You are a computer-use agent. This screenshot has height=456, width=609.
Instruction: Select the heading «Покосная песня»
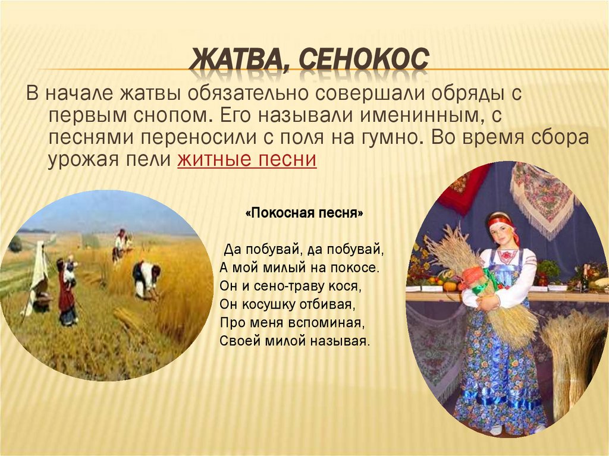coord(304,213)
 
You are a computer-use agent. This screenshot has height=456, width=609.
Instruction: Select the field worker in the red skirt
coord(67,291)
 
